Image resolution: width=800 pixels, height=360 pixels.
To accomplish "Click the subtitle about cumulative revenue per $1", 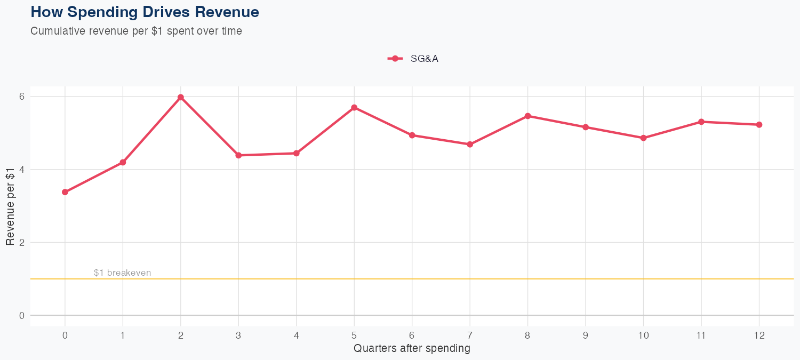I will [136, 31].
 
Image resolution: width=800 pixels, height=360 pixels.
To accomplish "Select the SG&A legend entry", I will [413, 59].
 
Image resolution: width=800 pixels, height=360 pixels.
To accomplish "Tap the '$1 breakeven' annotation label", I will [122, 273].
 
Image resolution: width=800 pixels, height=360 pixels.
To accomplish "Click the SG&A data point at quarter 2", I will [181, 97].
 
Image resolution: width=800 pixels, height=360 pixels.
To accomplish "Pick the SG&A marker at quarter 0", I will [65, 192].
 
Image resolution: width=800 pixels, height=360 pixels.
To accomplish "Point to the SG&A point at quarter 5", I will [354, 107].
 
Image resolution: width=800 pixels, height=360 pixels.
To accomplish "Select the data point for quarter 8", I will [527, 116].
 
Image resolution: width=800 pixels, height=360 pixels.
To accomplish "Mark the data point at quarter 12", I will [759, 125].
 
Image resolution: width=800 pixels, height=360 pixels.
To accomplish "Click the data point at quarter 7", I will [470, 145].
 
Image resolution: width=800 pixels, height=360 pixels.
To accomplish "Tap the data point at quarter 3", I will [238, 155].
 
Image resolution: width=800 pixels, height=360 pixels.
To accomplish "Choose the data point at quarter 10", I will [643, 138].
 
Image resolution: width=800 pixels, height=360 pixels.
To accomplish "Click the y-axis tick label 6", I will [22, 97].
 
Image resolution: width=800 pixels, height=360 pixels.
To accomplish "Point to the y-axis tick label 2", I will [22, 242].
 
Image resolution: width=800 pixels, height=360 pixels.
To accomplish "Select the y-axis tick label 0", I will [22, 315].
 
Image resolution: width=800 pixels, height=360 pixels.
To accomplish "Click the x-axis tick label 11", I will [701, 335].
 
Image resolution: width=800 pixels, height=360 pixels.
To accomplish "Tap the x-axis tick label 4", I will [296, 335].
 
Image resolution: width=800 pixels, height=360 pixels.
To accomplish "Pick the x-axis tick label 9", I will [586, 335].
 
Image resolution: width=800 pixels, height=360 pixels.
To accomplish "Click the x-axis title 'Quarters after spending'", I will [412, 349].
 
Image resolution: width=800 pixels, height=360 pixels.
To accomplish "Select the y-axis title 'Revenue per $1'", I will [10, 206].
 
